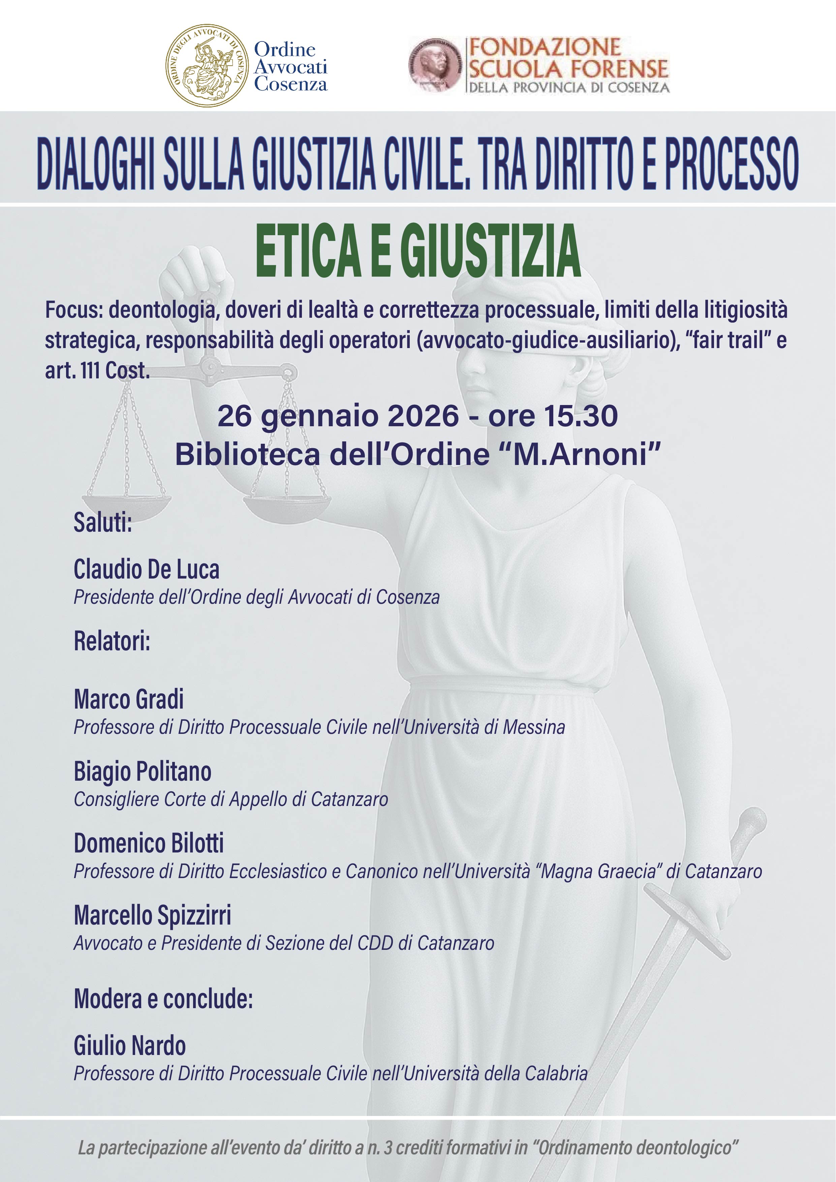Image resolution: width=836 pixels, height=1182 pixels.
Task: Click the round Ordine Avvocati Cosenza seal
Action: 207,65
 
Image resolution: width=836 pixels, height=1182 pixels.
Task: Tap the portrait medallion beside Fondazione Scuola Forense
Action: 435,65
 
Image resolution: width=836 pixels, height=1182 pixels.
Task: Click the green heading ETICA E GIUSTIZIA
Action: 418,251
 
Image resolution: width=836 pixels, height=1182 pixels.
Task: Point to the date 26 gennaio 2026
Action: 338,416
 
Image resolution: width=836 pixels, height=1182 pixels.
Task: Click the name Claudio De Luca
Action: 147,569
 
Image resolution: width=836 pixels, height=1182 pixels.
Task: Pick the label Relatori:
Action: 112,641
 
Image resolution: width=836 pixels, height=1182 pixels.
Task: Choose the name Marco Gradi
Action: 129,699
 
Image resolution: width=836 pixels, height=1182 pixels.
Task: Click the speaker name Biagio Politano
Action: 143,771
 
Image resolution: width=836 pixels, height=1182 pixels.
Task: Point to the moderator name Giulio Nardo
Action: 130,1046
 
